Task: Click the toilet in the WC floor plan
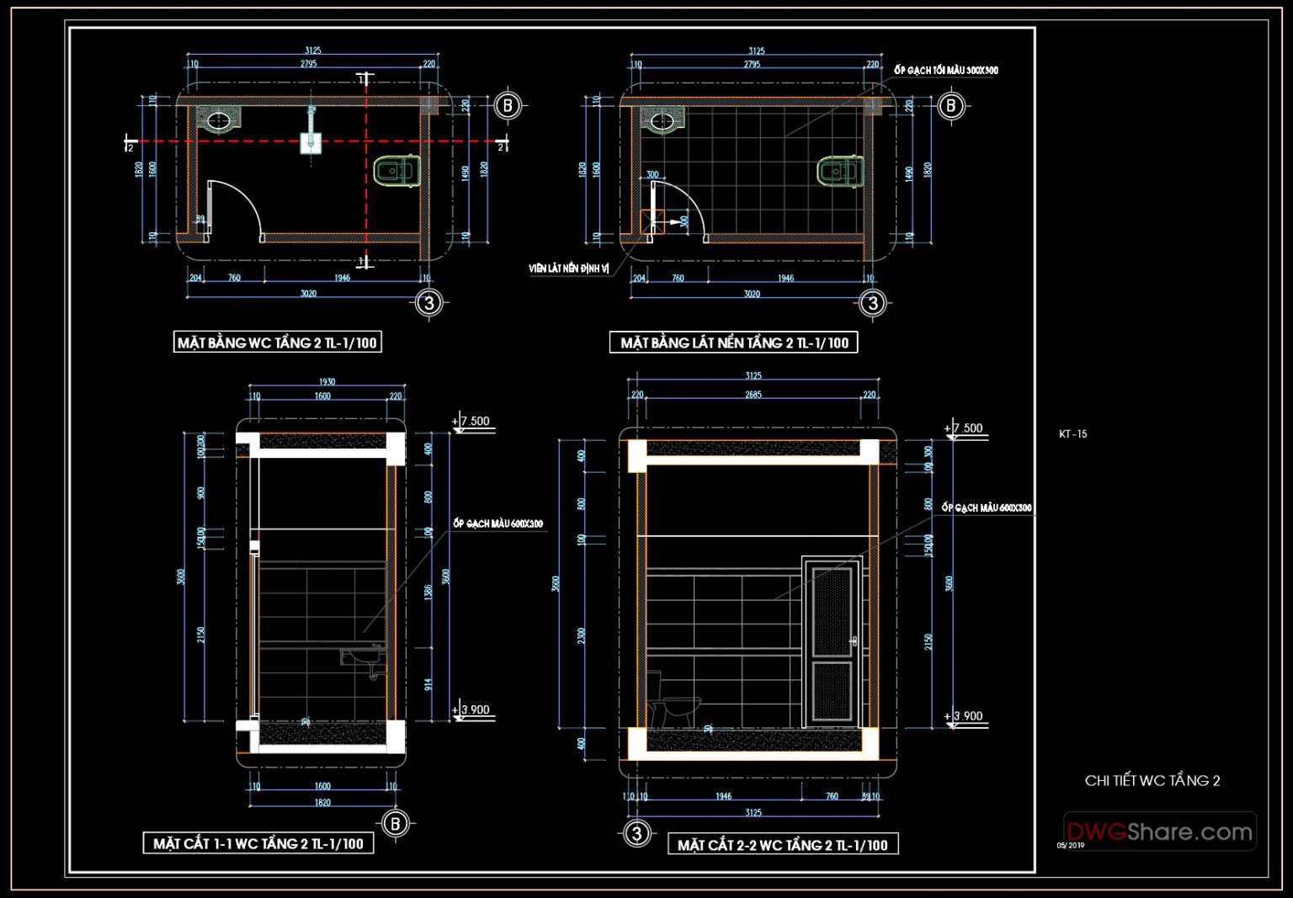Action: (396, 172)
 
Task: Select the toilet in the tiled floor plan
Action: (840, 172)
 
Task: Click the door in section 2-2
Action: (832, 641)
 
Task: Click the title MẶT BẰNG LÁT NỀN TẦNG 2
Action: (733, 343)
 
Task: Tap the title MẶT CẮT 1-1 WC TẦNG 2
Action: (258, 843)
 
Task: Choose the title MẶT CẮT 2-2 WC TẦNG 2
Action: (783, 845)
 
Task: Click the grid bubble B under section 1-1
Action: (396, 824)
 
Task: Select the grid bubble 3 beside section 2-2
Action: (636, 833)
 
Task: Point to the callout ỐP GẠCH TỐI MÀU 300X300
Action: (945, 71)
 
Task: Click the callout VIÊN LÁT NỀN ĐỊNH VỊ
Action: (568, 268)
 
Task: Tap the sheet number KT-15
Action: (1072, 434)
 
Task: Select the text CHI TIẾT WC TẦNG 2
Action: (1152, 781)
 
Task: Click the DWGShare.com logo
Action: (1160, 832)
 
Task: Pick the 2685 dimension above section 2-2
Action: (753, 394)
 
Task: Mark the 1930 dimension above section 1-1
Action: (327, 382)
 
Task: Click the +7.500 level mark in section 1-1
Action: (473, 422)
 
